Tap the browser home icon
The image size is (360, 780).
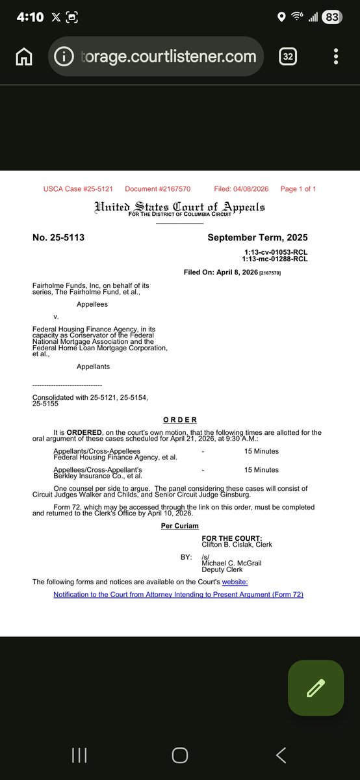(x=24, y=57)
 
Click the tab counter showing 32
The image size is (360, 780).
(x=289, y=57)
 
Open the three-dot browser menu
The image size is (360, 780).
(x=335, y=57)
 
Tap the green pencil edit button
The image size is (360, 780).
(x=316, y=688)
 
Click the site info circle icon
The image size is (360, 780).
(x=64, y=57)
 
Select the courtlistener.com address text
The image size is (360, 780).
(x=169, y=57)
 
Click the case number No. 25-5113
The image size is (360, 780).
(x=58, y=238)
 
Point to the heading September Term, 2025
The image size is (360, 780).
(x=257, y=238)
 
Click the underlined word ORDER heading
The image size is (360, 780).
(x=180, y=420)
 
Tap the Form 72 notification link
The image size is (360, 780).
(x=178, y=594)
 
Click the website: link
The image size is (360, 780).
(x=235, y=582)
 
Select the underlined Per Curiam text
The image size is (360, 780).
(x=180, y=525)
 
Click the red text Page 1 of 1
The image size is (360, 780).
(x=298, y=189)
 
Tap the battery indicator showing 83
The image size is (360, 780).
(x=331, y=18)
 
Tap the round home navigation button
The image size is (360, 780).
(x=180, y=755)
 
